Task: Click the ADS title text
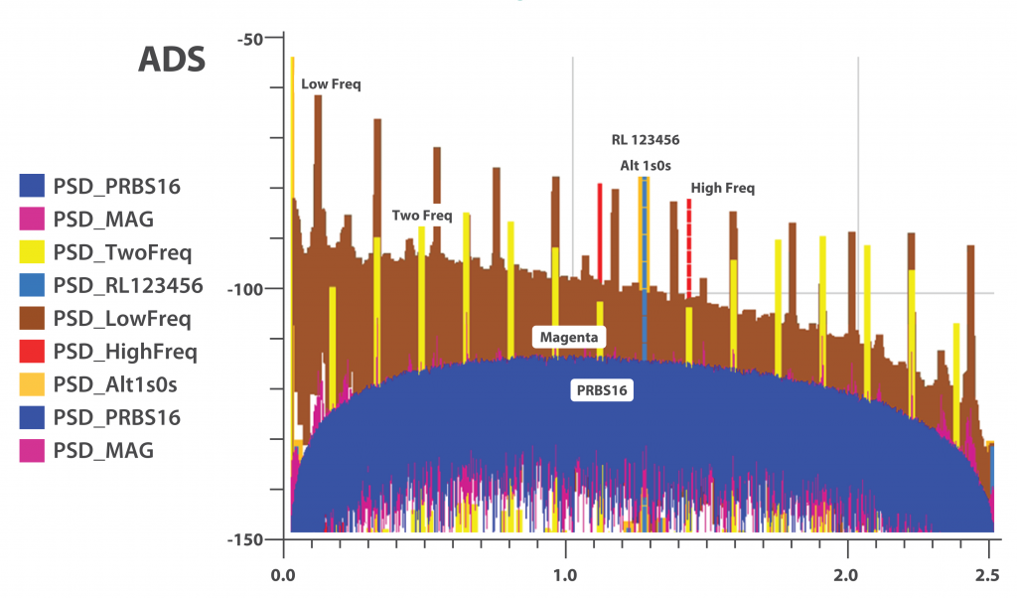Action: [171, 59]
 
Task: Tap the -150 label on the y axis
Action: [244, 539]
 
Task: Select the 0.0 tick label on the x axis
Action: [283, 575]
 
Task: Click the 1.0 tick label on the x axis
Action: [565, 575]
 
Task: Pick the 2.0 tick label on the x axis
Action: [847, 575]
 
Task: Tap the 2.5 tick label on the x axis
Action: [987, 575]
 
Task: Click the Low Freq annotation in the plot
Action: [331, 85]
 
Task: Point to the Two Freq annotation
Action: [422, 215]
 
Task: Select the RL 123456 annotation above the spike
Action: [645, 140]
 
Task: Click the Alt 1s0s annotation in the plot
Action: [645, 165]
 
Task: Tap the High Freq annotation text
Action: [722, 188]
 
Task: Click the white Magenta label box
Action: [569, 338]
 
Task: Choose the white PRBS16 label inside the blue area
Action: [604, 390]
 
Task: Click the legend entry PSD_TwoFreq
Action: [121, 252]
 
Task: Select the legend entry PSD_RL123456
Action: [128, 286]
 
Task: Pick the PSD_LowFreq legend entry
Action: [121, 319]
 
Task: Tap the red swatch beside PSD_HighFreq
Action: [33, 352]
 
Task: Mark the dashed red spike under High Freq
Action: [688, 248]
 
